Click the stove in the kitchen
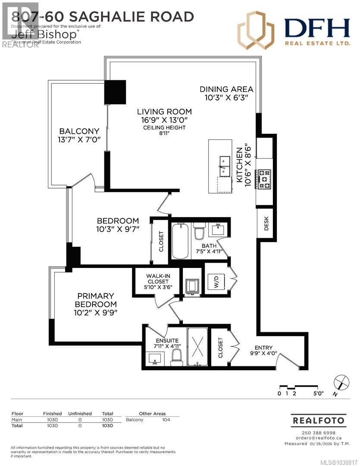(x=264, y=179)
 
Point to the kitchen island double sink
(x=225, y=166)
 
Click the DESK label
(x=266, y=223)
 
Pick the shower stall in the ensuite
(x=197, y=346)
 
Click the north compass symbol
(x=341, y=383)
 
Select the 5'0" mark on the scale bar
(x=318, y=394)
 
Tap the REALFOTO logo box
(x=319, y=420)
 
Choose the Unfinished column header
(x=80, y=413)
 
